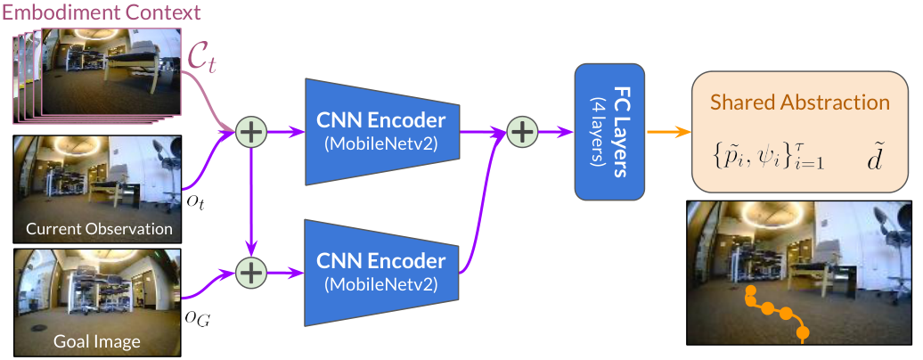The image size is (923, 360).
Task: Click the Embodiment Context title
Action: [101, 12]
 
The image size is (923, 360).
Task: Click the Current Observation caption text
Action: [99, 228]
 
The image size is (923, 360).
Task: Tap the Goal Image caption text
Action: [96, 341]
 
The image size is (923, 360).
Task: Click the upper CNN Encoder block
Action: [381, 131]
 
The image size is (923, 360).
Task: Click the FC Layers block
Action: [609, 131]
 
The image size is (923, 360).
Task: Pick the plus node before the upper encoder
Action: [251, 131]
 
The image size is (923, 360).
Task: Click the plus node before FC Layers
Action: [521, 131]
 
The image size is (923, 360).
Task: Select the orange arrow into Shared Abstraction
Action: [668, 131]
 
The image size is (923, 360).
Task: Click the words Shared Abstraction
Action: [800, 102]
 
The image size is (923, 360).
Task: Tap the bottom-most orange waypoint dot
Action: [802, 334]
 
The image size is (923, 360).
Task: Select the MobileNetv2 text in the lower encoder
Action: [381, 284]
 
